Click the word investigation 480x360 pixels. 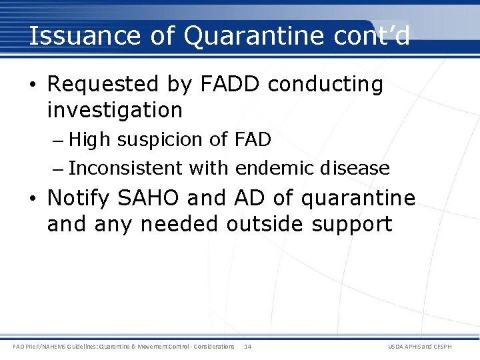click(x=115, y=109)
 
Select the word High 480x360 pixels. click(x=91, y=140)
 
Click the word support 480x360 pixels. click(x=353, y=224)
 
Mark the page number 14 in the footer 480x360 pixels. click(x=247, y=347)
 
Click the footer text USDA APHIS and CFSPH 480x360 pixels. click(x=429, y=347)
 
